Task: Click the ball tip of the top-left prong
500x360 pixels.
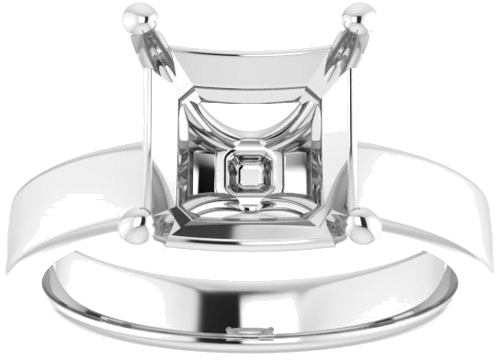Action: coord(143,18)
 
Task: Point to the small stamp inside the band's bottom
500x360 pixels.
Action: coord(242,331)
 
